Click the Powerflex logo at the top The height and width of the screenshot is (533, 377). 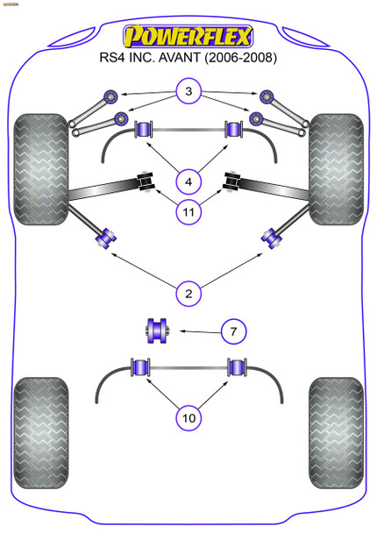(x=188, y=36)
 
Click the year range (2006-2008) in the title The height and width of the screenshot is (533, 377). (x=238, y=59)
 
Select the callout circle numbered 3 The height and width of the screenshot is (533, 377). (x=188, y=90)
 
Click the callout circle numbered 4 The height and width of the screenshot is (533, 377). (x=188, y=182)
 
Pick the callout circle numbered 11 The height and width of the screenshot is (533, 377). (x=188, y=210)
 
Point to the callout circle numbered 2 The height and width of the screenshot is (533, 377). (x=188, y=293)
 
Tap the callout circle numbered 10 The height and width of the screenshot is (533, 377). (x=188, y=418)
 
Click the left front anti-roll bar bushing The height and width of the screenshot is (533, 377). (x=142, y=131)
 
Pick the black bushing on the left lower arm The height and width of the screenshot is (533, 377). (x=146, y=181)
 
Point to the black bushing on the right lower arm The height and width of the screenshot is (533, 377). (x=232, y=181)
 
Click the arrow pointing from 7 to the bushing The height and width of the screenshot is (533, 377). (x=196, y=330)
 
